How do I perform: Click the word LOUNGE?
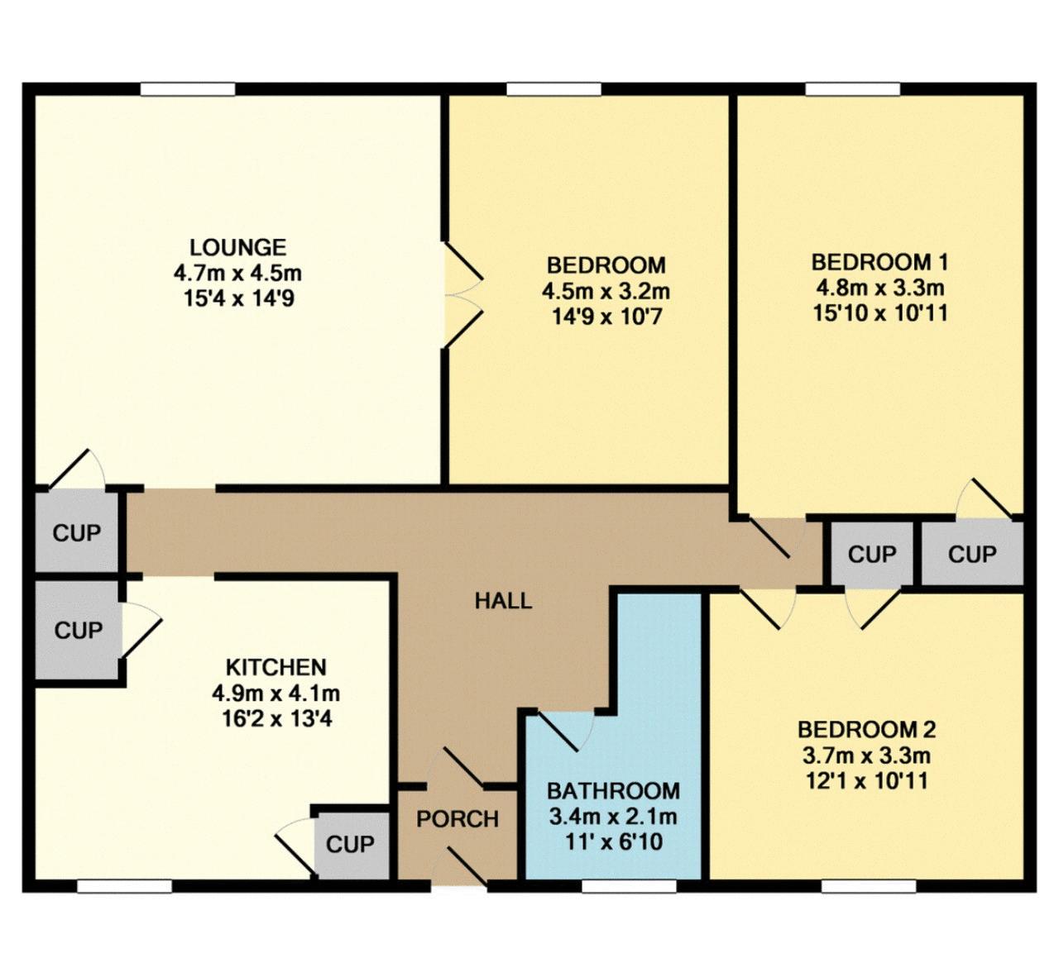click(237, 247)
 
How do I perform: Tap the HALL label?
click(503, 601)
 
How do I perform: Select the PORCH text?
click(458, 819)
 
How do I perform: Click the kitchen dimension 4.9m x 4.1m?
click(276, 693)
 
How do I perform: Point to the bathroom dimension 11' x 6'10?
click(613, 842)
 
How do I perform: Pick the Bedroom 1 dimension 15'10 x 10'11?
click(880, 313)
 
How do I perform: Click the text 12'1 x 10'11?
click(866, 780)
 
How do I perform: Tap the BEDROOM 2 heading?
click(866, 730)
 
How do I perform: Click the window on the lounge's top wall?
click(188, 89)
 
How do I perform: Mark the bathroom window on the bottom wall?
click(629, 886)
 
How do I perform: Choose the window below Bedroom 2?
click(868, 886)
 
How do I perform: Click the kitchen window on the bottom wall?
click(124, 886)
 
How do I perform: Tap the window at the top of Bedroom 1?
click(853, 89)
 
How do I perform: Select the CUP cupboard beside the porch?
click(350, 845)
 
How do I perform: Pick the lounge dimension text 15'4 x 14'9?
click(237, 298)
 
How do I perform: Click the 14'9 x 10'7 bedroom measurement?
click(606, 316)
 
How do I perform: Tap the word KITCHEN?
click(276, 667)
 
